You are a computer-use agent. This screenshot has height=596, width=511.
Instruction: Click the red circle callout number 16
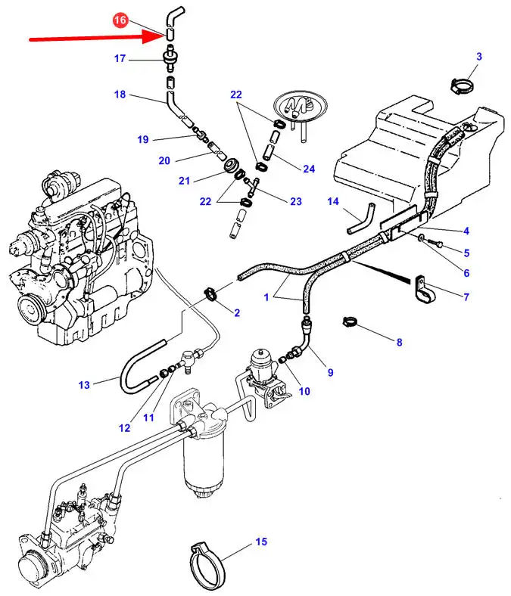click(x=120, y=21)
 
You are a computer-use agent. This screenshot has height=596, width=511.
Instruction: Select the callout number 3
click(x=478, y=57)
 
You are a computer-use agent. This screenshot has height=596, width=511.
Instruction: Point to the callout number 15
click(x=261, y=542)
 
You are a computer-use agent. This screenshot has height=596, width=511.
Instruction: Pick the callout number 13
click(x=84, y=385)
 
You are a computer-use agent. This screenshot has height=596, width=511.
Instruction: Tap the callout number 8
click(x=399, y=342)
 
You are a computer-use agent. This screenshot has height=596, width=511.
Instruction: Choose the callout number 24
click(x=308, y=169)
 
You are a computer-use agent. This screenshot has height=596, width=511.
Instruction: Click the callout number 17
click(x=120, y=58)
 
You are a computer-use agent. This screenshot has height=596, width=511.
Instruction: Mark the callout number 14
click(x=334, y=200)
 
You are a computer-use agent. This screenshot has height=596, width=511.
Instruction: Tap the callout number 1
click(x=266, y=298)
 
